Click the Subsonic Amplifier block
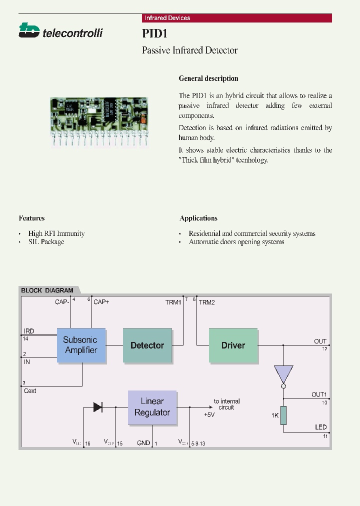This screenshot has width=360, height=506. point(81,345)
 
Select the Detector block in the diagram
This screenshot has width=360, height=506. point(147,345)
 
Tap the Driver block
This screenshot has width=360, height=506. point(233,345)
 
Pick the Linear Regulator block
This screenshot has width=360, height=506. point(152,407)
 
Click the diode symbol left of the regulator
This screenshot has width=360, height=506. point(98,407)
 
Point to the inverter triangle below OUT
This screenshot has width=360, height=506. point(283,374)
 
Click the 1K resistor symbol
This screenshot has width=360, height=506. point(283,415)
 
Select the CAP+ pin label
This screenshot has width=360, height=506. point(101,302)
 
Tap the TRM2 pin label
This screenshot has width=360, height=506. point(206,302)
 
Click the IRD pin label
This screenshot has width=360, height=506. point(29,331)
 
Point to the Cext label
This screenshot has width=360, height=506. point(30,391)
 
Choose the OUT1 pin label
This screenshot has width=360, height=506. point(319,394)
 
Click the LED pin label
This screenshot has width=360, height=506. point(320,427)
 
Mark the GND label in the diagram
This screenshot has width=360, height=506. point(143,443)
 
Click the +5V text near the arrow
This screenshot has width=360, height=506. point(209,415)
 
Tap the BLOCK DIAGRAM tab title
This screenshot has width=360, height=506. point(47,290)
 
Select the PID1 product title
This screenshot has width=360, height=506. point(154,33)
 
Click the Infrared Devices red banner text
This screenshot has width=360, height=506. point(167,18)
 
